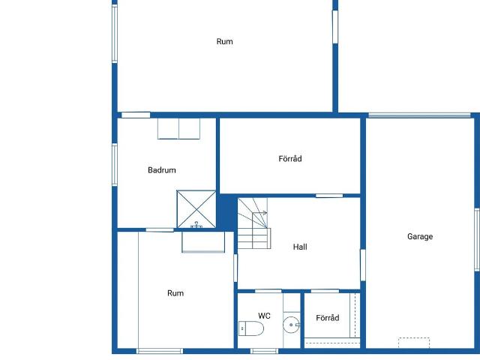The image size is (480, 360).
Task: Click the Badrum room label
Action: coord(162,170)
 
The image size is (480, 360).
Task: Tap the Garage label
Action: coord(420,236)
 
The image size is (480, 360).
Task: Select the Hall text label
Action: coord(300,247)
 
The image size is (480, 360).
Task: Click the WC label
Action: coord(264,316)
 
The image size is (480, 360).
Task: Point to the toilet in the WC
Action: coord(251,328)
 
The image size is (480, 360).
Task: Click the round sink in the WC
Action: coord(291,325)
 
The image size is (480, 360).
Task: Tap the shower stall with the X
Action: coord(196,209)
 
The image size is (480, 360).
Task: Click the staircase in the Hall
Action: coord(254,223)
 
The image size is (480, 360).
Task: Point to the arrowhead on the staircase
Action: coord(265,213)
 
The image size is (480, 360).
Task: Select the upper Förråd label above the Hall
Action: coord(290,159)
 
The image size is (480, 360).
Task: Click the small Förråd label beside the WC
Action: coord(328,318)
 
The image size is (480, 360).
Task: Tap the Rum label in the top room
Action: coord(225,42)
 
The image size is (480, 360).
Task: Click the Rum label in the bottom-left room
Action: coord(175,293)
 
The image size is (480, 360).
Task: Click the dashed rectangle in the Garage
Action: coord(414,343)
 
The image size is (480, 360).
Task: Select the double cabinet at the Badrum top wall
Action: coord(178,129)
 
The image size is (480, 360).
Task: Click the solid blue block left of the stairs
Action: coord(226,212)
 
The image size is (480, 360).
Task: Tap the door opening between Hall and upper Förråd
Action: coord(329,196)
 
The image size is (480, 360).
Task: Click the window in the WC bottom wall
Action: coord(264,351)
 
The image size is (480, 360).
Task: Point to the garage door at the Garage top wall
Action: coord(419,115)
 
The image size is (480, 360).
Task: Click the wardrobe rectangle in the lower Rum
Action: coord(203,242)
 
